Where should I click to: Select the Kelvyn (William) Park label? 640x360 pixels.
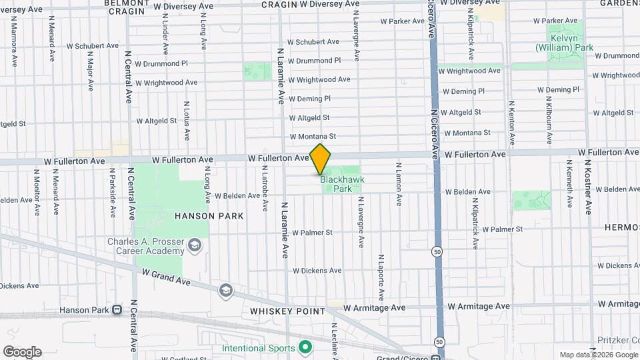pos(564,43)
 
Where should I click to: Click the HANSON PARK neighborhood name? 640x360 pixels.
pos(209,216)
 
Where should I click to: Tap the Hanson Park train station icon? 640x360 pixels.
pos(118,310)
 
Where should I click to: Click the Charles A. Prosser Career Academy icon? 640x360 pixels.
pos(195,246)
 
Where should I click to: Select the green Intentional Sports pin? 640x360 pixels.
pos(305,347)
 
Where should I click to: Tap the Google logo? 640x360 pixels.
pos(22,352)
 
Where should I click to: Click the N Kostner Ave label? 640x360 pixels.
pos(588,187)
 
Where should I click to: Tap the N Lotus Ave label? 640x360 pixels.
pos(187,121)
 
